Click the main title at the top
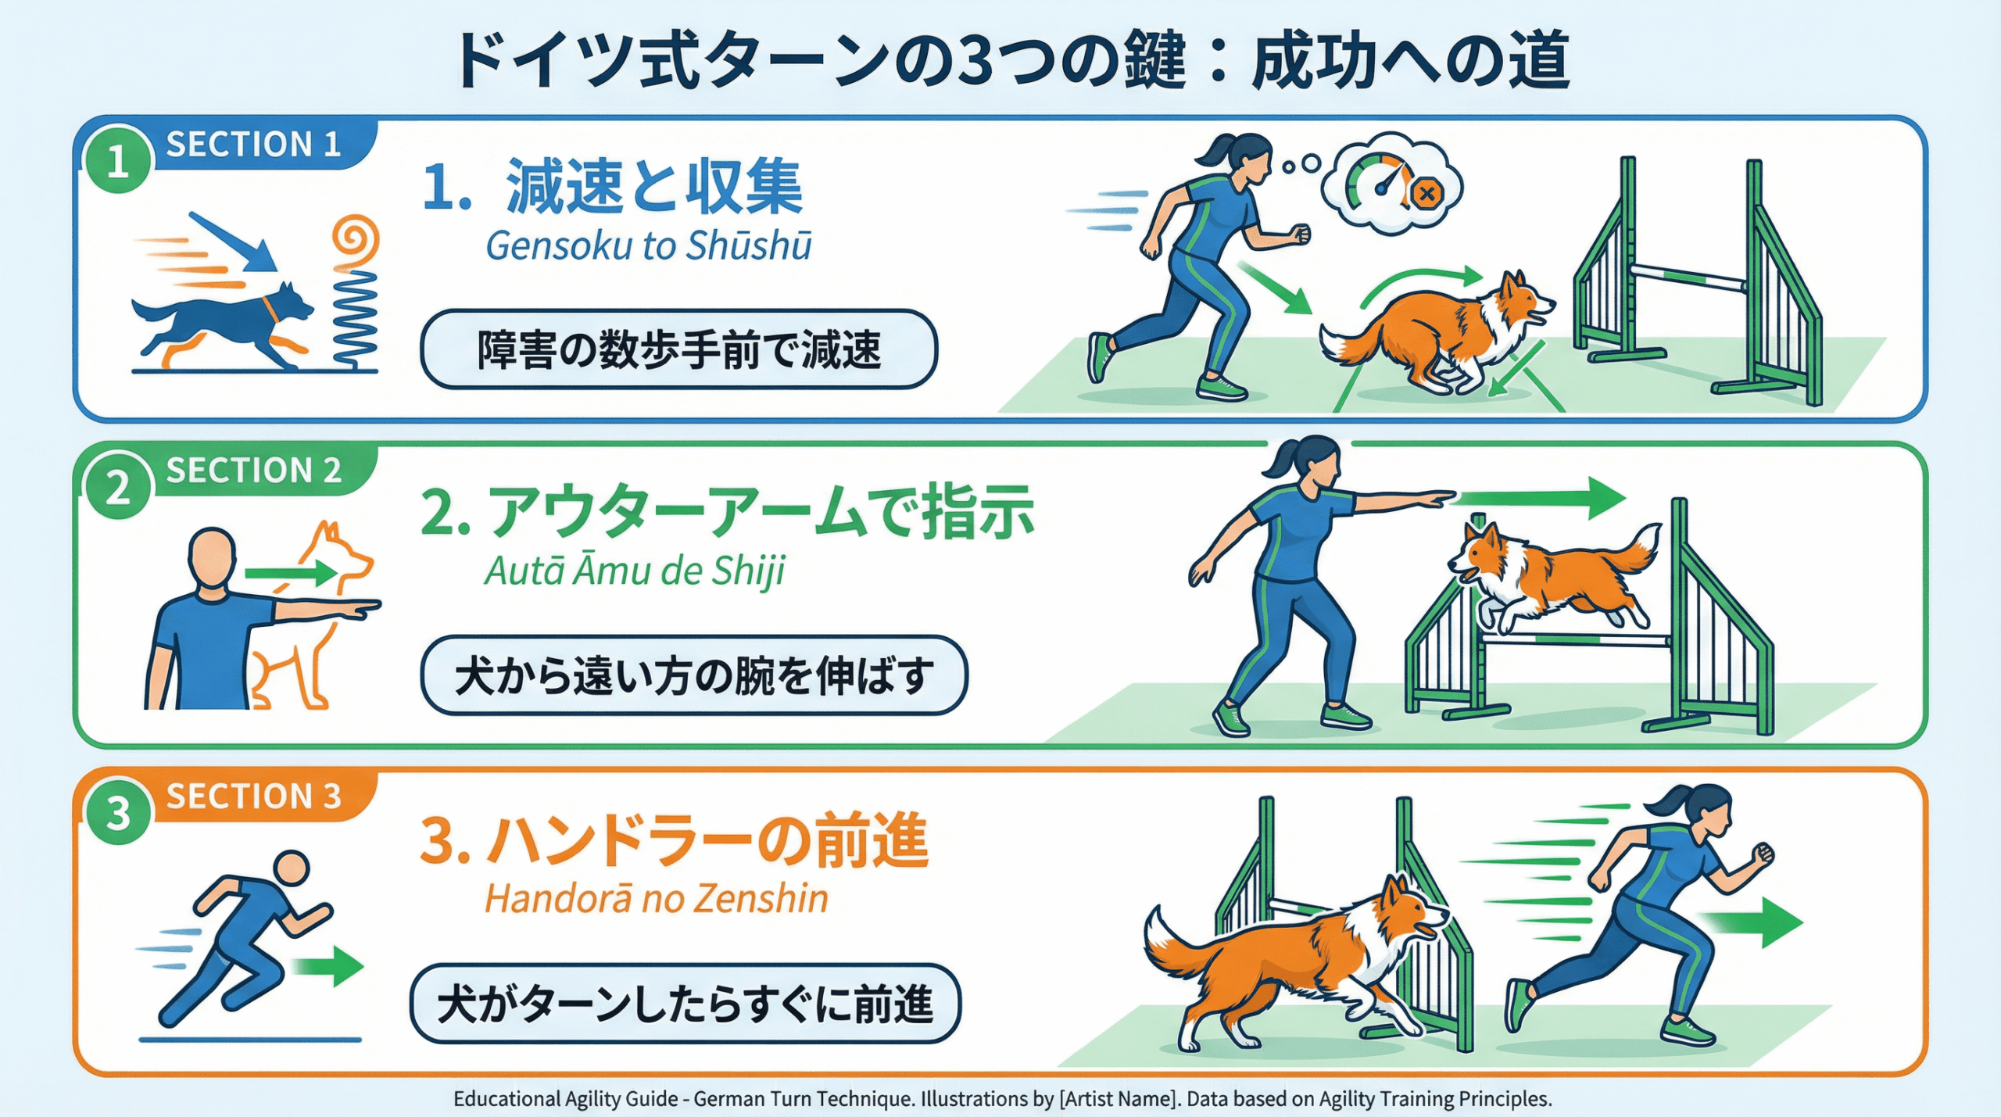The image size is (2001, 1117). coord(1013,61)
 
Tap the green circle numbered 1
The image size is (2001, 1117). coord(118,160)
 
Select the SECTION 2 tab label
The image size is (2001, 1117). coord(254,471)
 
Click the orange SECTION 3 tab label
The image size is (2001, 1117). coord(254,797)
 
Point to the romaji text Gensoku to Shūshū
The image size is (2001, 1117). coord(649,245)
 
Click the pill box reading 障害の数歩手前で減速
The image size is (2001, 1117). coord(678,349)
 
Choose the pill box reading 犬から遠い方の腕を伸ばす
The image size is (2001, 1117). coord(694,675)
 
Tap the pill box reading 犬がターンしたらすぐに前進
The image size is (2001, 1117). coord(685,1004)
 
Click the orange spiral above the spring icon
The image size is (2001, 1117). coord(355,240)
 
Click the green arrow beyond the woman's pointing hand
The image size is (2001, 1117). coord(1540,498)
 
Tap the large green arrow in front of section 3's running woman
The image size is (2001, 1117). coord(1751,922)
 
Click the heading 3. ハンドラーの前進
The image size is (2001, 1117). coord(674,841)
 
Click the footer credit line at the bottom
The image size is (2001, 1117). coord(1002,1098)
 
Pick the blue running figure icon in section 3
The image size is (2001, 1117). coord(242,938)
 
